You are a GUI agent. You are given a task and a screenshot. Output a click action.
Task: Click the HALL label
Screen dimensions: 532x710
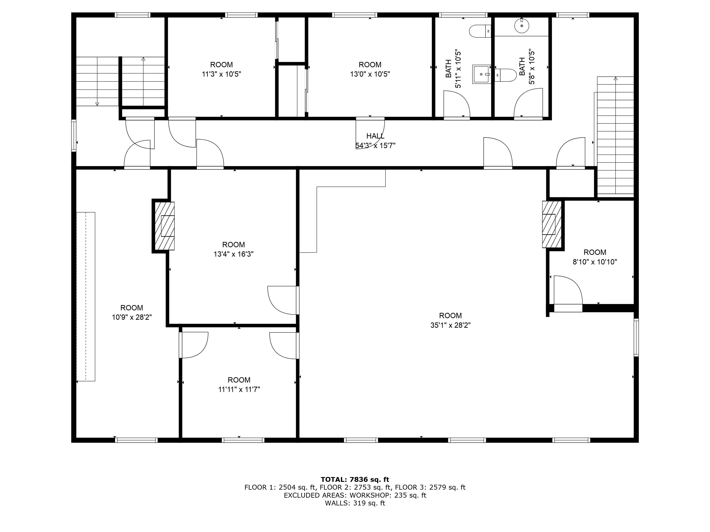click(x=375, y=136)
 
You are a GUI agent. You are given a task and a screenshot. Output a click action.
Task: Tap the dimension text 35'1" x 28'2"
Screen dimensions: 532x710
click(x=450, y=325)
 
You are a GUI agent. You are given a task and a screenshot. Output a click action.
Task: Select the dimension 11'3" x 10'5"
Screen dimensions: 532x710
click(x=221, y=74)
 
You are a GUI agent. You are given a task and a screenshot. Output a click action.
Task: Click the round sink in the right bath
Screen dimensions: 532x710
click(x=522, y=26)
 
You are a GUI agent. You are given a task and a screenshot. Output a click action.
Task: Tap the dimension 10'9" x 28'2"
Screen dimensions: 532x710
click(x=132, y=317)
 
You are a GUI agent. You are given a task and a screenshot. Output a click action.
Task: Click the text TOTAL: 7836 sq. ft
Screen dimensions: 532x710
click(x=355, y=479)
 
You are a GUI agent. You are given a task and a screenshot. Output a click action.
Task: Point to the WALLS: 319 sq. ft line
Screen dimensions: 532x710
click(x=355, y=503)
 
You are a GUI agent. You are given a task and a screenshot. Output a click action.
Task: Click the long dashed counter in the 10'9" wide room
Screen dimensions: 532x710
click(x=86, y=297)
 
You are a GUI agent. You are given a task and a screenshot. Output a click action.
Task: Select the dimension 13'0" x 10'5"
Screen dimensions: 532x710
click(x=370, y=74)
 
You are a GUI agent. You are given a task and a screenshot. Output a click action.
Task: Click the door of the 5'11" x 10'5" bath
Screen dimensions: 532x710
click(x=457, y=104)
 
